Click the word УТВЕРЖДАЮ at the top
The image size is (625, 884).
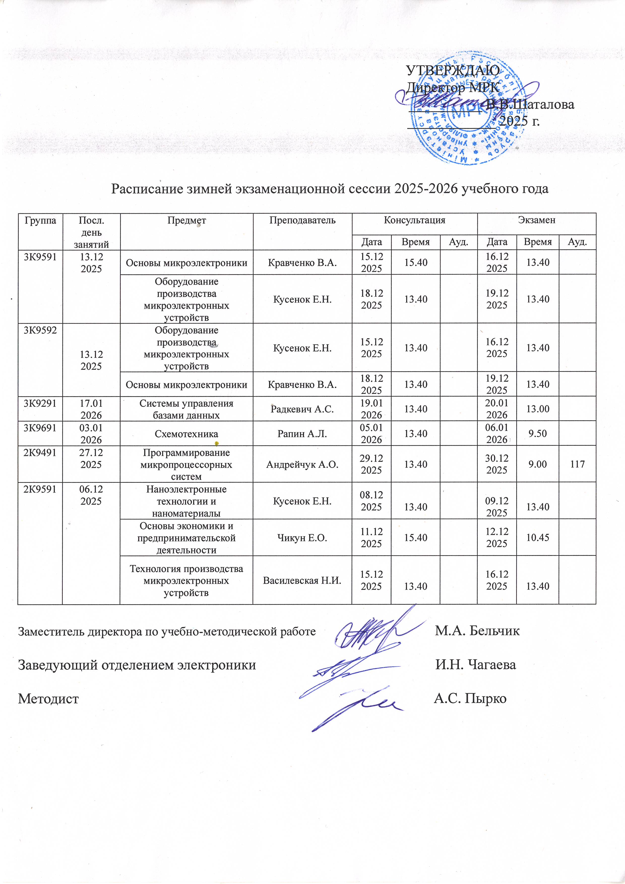click(453, 71)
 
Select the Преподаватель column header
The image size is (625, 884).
click(302, 220)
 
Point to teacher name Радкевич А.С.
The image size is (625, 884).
click(302, 409)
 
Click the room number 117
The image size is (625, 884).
click(577, 464)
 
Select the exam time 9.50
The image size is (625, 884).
click(538, 433)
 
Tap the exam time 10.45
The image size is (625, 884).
click(538, 538)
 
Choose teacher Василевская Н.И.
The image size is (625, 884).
click(302, 580)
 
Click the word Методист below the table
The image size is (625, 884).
click(49, 699)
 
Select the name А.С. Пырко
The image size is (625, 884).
click(470, 699)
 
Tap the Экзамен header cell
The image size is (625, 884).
click(537, 220)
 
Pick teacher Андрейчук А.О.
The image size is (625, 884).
click(302, 465)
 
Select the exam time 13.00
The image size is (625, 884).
click(538, 409)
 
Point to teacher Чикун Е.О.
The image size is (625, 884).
click(302, 538)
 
